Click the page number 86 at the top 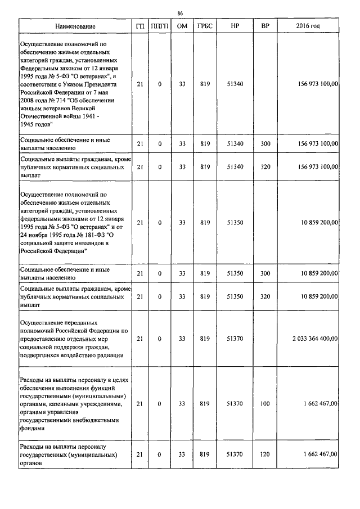[x=180, y=13]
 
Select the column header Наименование [x=75, y=26]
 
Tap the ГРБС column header [x=205, y=26]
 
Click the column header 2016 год [x=308, y=26]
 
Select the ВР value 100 [x=265, y=404]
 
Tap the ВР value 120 [x=265, y=454]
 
